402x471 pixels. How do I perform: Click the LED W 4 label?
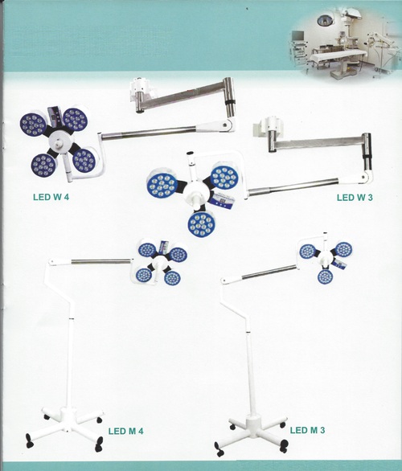coord(51,197)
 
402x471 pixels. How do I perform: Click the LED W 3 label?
coord(355,198)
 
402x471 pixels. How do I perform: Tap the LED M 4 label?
coord(126,431)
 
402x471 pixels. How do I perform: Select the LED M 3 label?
coord(307,430)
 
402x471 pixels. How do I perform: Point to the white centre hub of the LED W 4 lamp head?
coord(61,141)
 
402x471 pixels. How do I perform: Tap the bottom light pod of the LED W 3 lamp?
coord(202,223)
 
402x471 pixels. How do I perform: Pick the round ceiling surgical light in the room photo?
coord(325,20)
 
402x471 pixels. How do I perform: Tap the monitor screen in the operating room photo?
coord(297,35)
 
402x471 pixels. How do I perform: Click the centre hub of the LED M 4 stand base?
coord(68,415)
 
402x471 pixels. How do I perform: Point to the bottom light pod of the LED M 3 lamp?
coord(325,276)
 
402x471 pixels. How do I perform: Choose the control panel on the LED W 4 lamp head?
coord(55,116)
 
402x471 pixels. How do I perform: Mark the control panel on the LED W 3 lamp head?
coord(224,199)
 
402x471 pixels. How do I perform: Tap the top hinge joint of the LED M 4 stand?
coord(52,262)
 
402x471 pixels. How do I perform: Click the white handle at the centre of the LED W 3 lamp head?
coord(195,201)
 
